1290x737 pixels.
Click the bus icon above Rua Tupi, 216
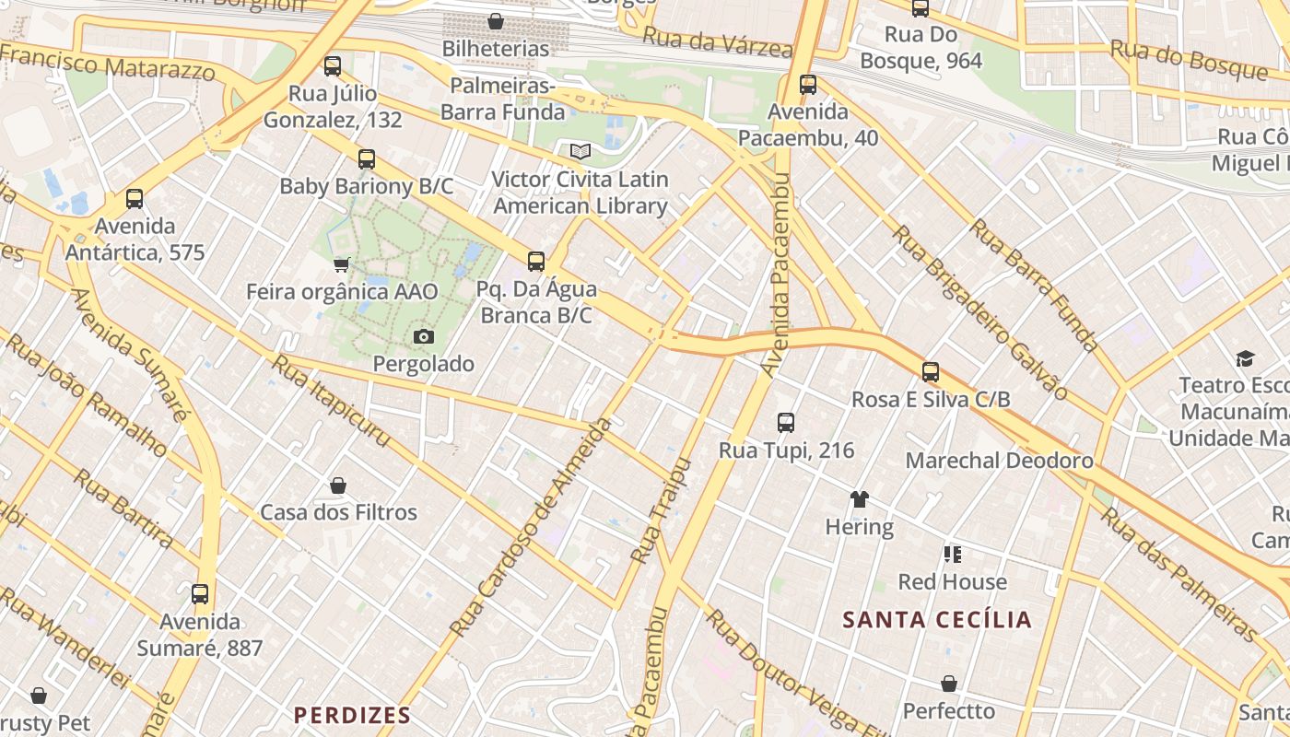(785, 423)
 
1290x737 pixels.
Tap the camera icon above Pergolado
(423, 336)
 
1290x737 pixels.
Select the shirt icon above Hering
(859, 499)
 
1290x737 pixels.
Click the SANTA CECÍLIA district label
(937, 620)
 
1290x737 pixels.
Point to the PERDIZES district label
(352, 715)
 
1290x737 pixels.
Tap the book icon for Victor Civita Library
(580, 151)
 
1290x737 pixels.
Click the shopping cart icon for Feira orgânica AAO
(341, 265)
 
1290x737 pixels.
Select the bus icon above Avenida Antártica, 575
(135, 199)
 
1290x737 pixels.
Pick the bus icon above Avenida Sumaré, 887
(200, 594)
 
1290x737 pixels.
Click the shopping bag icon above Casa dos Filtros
(338, 485)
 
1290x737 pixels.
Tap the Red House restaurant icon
(952, 555)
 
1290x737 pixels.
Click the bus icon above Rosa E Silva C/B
(931, 372)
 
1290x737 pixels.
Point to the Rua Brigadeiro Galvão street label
(981, 313)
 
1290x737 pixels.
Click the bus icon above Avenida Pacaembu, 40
(808, 85)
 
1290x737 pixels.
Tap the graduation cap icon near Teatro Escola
(1245, 358)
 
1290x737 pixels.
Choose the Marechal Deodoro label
(999, 461)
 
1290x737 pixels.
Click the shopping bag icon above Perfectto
(948, 684)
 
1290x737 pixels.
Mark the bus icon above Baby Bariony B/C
(367, 159)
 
